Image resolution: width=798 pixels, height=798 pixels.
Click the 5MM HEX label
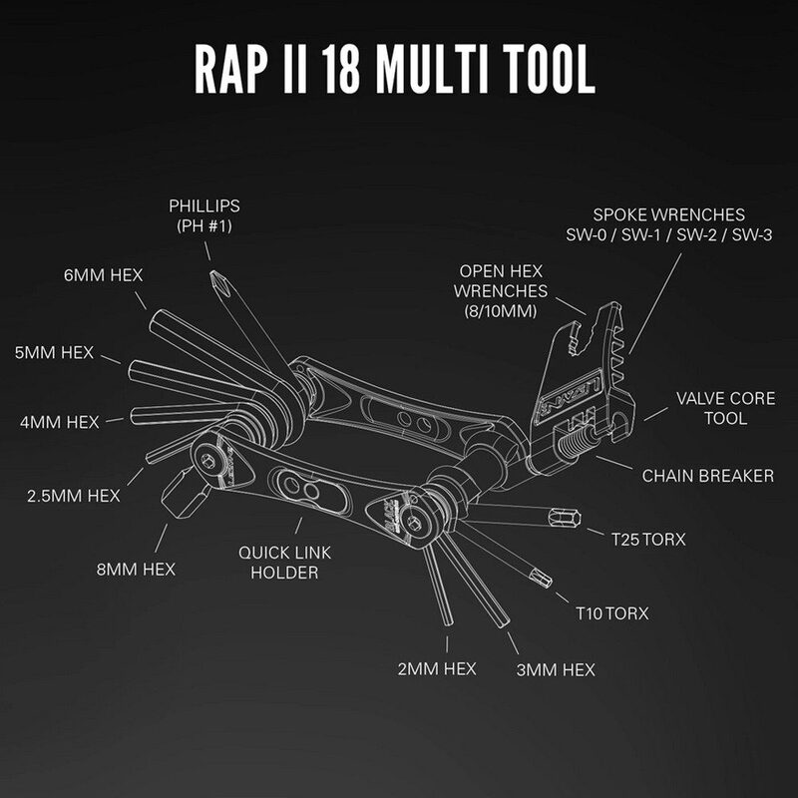[x=54, y=352]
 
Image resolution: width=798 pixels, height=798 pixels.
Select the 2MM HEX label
[x=437, y=667]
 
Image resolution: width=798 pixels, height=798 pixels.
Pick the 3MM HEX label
[x=555, y=669]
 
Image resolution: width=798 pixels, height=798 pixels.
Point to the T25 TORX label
[x=648, y=539]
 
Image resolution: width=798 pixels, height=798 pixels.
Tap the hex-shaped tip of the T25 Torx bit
[x=564, y=516]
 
